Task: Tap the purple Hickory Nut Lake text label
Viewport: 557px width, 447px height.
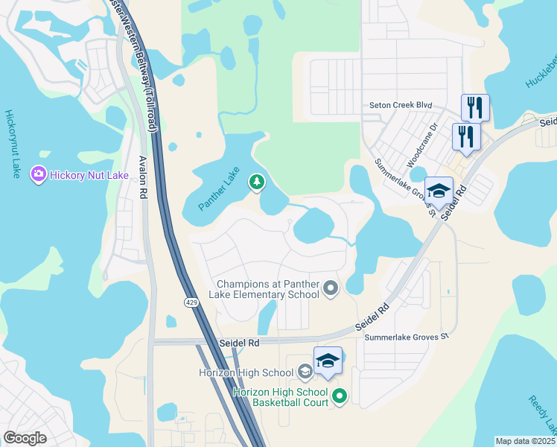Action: pyautogui.click(x=89, y=176)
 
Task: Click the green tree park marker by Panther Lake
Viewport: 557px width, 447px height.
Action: pyautogui.click(x=257, y=182)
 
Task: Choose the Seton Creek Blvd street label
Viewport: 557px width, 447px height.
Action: pyautogui.click(x=401, y=106)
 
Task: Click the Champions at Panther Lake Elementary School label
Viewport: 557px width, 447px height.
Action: pyautogui.click(x=268, y=289)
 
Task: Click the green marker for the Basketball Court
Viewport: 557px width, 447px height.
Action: pyautogui.click(x=340, y=397)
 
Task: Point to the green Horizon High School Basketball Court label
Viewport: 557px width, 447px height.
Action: pyautogui.click(x=280, y=397)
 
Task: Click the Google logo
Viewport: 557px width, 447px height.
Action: pyautogui.click(x=25, y=438)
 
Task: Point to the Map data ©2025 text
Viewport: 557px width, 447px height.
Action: pyautogui.click(x=525, y=441)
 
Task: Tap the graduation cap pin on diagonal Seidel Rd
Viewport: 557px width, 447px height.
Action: pyautogui.click(x=439, y=191)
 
